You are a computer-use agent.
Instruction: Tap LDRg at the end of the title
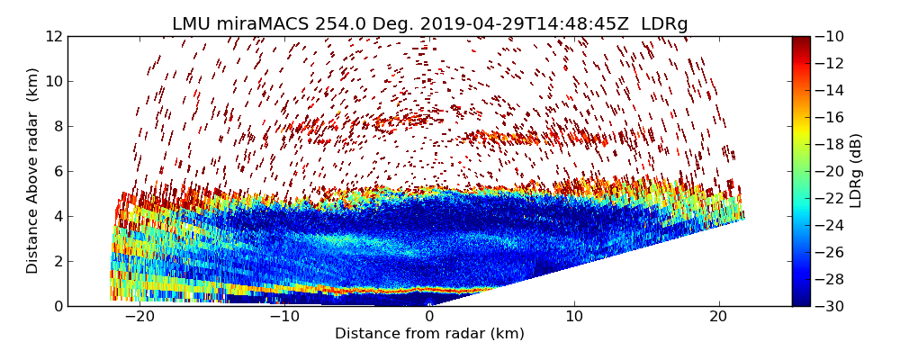pyautogui.click(x=664, y=24)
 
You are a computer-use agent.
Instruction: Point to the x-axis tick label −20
pyautogui.click(x=139, y=317)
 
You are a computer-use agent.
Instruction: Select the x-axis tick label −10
pyautogui.click(x=284, y=317)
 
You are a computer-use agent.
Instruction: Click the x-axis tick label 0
pyautogui.click(x=429, y=317)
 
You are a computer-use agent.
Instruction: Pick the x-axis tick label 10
pyautogui.click(x=574, y=317)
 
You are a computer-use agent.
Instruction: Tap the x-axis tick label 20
pyautogui.click(x=718, y=317)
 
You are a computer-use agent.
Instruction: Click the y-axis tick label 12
pyautogui.click(x=53, y=36)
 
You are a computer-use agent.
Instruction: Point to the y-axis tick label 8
pyautogui.click(x=57, y=126)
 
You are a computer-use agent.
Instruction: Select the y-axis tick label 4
pyautogui.click(x=57, y=216)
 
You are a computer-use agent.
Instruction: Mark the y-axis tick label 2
pyautogui.click(x=57, y=261)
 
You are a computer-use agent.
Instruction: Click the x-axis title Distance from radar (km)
pyautogui.click(x=429, y=334)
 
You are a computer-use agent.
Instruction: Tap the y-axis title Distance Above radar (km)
pyautogui.click(x=33, y=170)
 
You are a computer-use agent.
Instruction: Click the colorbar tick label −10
pyautogui.click(x=830, y=36)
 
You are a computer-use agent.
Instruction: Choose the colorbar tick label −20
pyautogui.click(x=830, y=171)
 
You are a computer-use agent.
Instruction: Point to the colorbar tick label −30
pyautogui.click(x=830, y=306)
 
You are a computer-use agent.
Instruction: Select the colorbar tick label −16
pyautogui.click(x=830, y=117)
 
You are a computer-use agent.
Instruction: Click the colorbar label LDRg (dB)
pyautogui.click(x=856, y=170)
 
